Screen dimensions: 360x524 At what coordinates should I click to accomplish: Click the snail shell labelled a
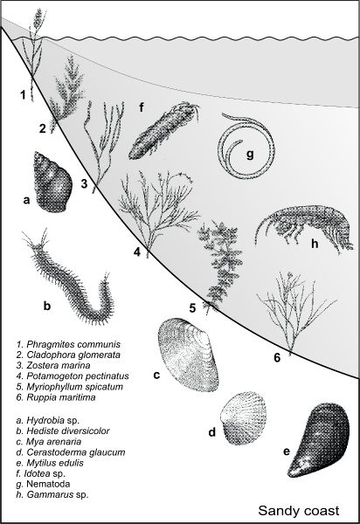tap(52, 183)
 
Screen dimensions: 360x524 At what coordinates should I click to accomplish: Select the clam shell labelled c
tap(188, 355)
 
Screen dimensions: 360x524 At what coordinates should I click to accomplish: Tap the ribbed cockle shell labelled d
tap(243, 417)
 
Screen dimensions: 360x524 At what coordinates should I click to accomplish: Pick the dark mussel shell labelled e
tap(319, 439)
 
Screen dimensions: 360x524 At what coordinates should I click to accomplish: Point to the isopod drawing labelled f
tap(163, 132)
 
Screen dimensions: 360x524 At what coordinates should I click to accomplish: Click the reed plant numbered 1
tap(34, 53)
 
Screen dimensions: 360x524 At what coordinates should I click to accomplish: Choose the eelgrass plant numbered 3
tap(104, 144)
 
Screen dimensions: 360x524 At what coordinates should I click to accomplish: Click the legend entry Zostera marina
tap(53, 365)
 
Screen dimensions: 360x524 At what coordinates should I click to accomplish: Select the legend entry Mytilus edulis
tap(50, 463)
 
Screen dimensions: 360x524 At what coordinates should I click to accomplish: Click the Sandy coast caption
tap(299, 511)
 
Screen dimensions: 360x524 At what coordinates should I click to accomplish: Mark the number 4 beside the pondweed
tap(137, 252)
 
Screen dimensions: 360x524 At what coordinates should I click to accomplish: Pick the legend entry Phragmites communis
tap(68, 344)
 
